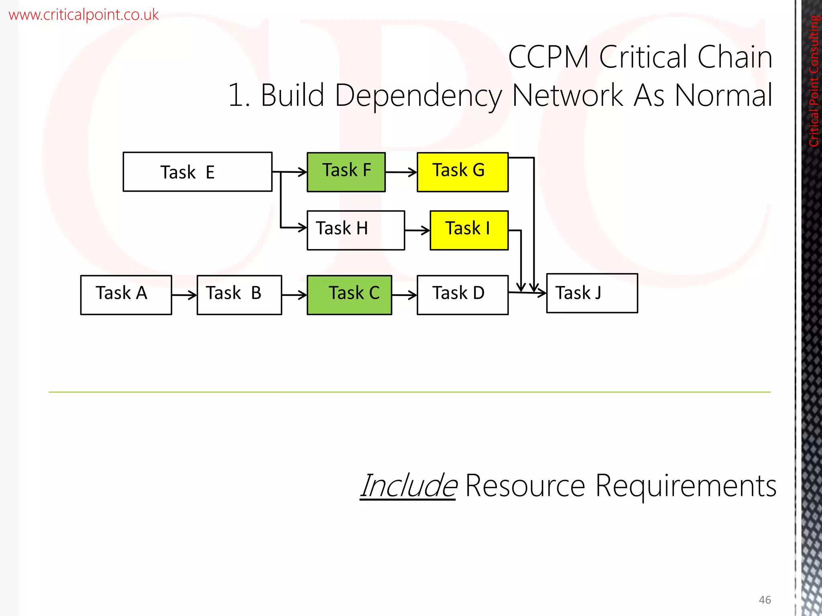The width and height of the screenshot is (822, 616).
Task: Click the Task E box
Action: pyautogui.click(x=197, y=172)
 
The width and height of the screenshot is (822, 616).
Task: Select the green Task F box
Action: pyautogui.click(x=346, y=172)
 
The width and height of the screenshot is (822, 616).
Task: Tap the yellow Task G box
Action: pyautogui.click(x=462, y=172)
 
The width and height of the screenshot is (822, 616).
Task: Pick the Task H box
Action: pyautogui.click(x=356, y=230)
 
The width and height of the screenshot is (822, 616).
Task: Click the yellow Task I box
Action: pyautogui.click(x=469, y=230)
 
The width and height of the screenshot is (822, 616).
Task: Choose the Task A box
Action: pyautogui.click(x=126, y=295)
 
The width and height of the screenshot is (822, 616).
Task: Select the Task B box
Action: pyautogui.click(x=239, y=295)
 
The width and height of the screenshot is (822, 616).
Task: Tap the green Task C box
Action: pyautogui.click(x=349, y=295)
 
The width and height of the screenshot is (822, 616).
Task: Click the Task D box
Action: pyautogui.click(x=462, y=295)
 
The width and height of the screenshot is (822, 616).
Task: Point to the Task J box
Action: pyautogui.click(x=592, y=293)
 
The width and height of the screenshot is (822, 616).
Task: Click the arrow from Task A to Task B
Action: pyautogui.click(x=184, y=295)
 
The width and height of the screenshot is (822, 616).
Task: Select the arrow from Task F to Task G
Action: pyautogui.click(x=401, y=172)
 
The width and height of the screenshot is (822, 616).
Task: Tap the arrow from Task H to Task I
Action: pyautogui.click(x=417, y=230)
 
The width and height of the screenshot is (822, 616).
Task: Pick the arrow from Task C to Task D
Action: pyautogui.click(x=404, y=295)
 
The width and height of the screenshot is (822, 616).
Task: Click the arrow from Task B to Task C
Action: pyautogui.click(x=294, y=295)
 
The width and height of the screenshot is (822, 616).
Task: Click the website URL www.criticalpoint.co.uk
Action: pyautogui.click(x=83, y=15)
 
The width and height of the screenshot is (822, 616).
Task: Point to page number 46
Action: pyautogui.click(x=765, y=600)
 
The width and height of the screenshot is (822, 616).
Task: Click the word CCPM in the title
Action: pyautogui.click(x=548, y=57)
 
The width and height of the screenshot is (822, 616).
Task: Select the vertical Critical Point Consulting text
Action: pyautogui.click(x=814, y=80)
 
